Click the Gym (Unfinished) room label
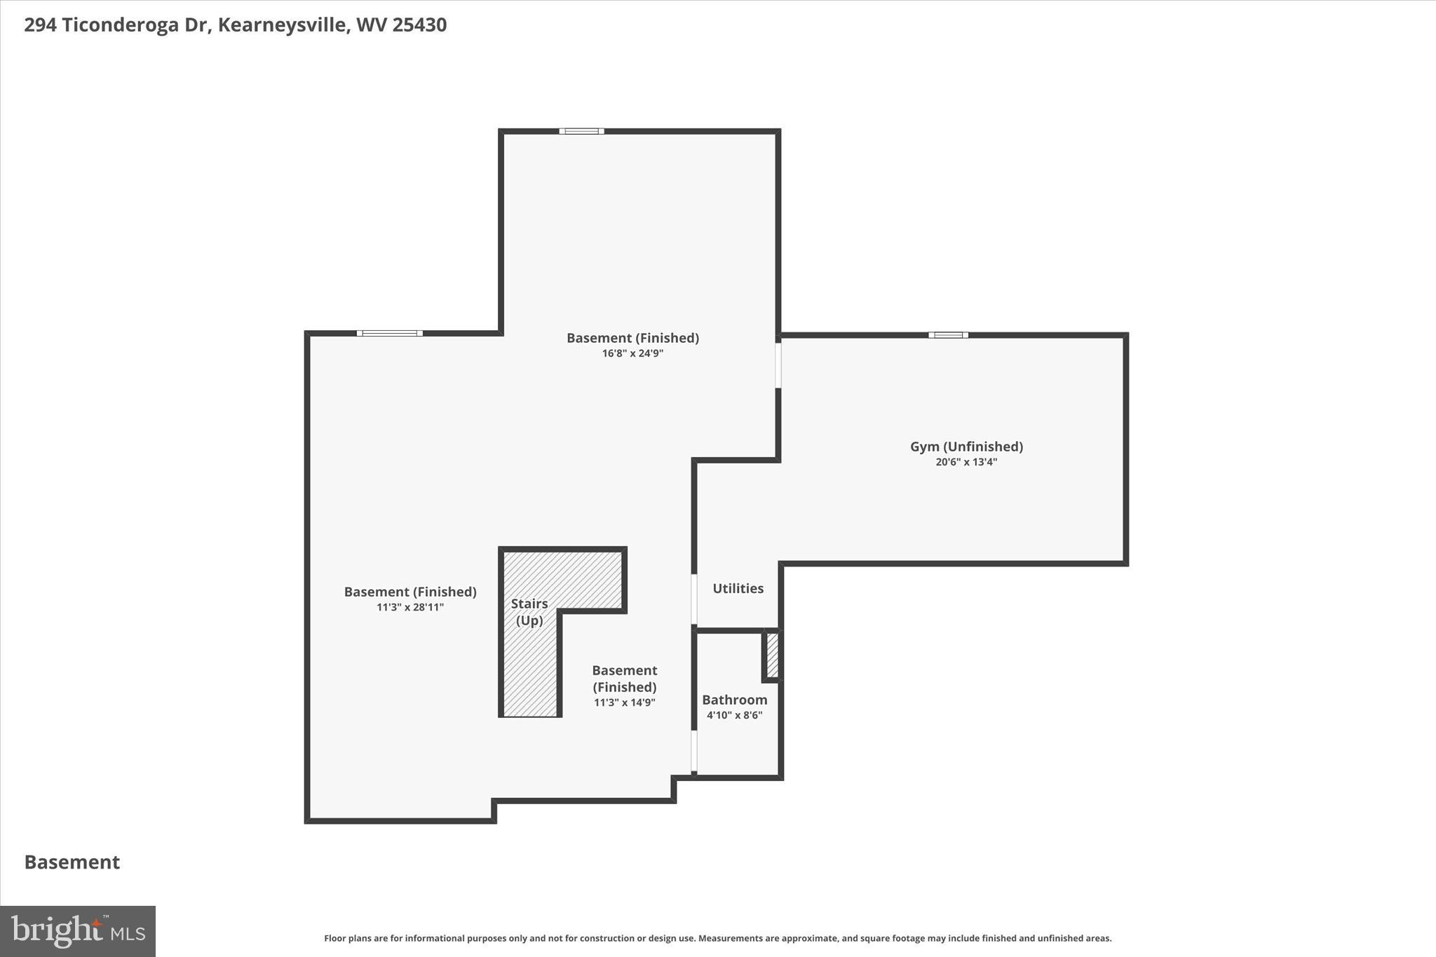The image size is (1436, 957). [966, 447]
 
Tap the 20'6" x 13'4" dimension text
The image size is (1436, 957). [966, 462]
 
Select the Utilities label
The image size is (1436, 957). [738, 589]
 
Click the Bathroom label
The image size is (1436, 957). [734, 700]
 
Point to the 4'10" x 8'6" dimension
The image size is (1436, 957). [734, 715]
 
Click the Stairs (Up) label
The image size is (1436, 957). [529, 612]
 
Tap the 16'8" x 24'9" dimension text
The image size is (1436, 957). [632, 353]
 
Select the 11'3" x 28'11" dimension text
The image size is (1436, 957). [410, 607]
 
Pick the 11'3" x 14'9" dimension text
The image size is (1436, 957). [624, 703]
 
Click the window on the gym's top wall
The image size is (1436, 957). [948, 335]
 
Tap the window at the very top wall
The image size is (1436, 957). [581, 131]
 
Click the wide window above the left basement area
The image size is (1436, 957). [389, 333]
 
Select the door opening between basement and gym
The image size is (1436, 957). [778, 365]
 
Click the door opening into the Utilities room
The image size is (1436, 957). [694, 599]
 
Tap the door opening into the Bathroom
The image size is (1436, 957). [694, 752]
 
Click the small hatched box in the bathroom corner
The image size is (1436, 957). [772, 656]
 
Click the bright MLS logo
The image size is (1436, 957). [78, 931]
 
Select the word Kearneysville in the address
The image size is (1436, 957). [283, 25]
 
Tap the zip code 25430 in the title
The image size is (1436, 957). [419, 25]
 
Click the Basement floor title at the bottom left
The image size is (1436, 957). [72, 862]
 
